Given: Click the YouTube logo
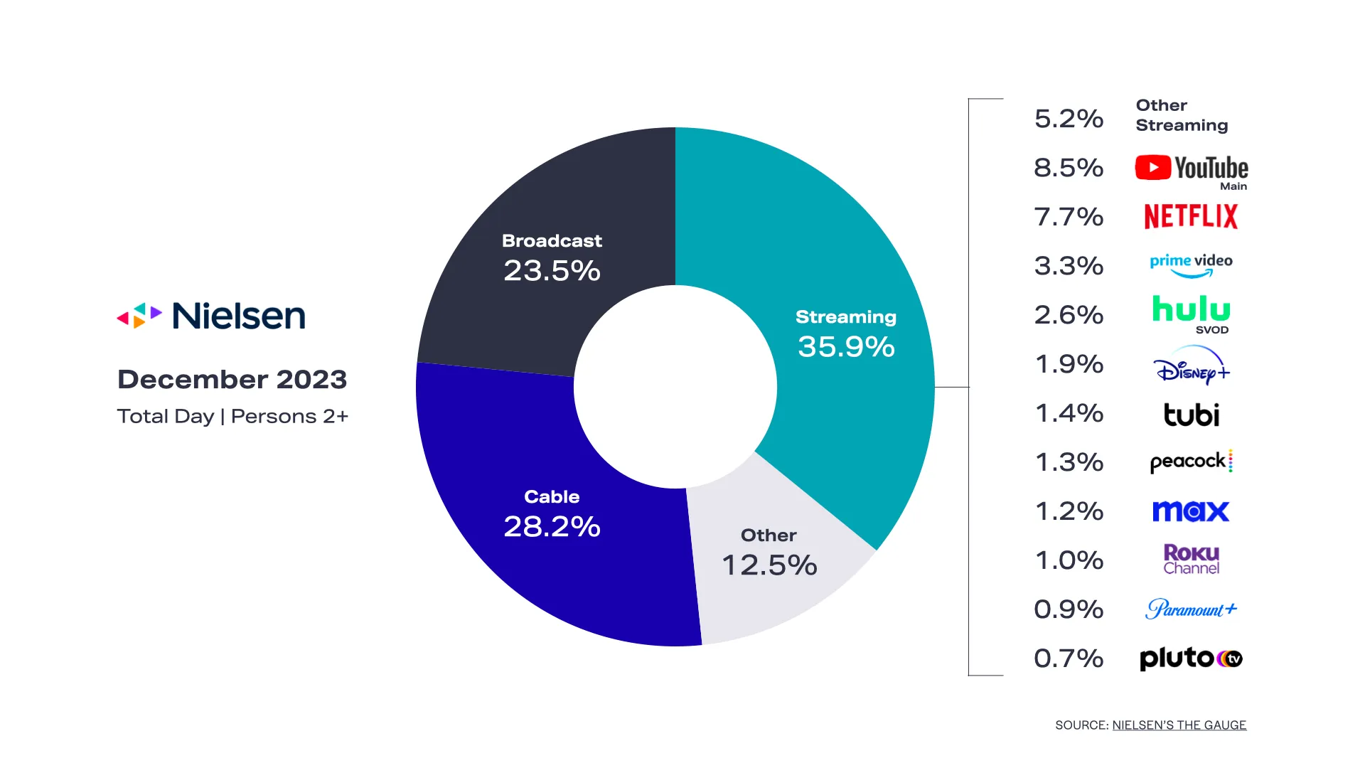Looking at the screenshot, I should [1191, 169].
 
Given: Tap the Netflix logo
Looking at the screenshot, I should [1191, 217].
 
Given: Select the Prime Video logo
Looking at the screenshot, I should [1191, 265].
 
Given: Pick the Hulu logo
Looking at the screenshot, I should [1191, 311].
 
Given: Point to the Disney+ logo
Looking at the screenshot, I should [1191, 366].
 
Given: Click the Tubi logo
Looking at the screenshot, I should [1191, 415].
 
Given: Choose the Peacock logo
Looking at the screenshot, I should [1191, 462].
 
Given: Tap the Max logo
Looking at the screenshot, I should [1191, 511].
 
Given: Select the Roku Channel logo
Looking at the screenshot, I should [1191, 560].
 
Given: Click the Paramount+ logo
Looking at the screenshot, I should [1191, 609].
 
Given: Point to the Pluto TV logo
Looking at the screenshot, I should [1191, 658].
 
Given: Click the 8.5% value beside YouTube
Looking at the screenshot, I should [1069, 168].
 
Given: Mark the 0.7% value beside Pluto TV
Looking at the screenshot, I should [1069, 658].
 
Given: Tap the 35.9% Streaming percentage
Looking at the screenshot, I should [846, 347].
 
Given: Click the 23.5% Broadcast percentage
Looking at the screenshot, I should [552, 271].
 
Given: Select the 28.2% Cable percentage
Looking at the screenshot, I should [552, 527].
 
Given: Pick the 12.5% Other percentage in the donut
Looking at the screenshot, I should [769, 565].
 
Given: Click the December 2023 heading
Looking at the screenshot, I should [232, 380].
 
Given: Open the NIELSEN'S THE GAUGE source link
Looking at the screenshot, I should [1179, 725].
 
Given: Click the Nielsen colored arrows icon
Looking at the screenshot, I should [139, 316].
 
